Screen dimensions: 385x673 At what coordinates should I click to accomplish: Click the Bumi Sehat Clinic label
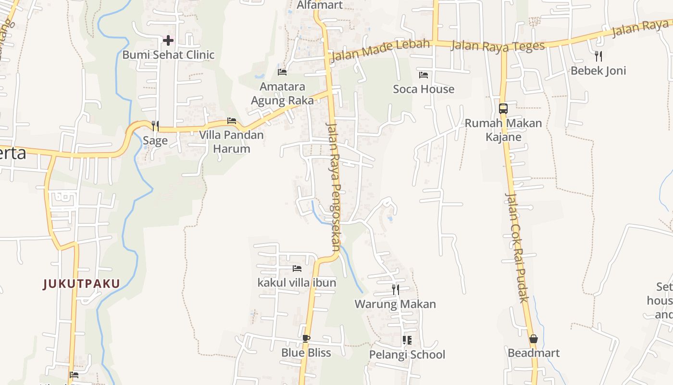168,55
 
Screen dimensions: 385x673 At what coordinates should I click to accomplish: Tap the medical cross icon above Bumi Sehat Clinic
168,40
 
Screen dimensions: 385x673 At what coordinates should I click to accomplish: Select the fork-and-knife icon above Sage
155,126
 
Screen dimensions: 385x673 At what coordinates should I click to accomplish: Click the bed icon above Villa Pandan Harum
232,121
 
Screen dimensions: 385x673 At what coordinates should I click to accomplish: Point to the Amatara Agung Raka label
282,93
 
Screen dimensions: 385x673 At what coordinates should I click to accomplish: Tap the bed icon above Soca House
424,75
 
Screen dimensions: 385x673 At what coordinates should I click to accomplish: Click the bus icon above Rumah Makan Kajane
503,109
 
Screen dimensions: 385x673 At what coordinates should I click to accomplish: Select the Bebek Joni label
598,71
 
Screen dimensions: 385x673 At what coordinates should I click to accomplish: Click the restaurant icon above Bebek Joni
598,56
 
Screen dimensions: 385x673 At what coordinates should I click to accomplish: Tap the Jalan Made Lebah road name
380,51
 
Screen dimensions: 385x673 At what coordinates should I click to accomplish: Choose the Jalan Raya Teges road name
498,46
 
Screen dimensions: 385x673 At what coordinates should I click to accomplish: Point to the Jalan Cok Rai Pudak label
517,247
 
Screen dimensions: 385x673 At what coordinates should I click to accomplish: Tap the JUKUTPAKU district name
81,284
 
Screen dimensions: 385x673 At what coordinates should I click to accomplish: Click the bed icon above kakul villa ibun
297,269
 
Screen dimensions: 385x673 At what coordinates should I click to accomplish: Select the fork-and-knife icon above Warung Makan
395,290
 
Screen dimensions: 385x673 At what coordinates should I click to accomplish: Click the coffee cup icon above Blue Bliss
306,338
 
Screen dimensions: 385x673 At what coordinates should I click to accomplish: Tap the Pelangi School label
407,355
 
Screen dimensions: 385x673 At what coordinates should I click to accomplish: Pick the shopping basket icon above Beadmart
533,339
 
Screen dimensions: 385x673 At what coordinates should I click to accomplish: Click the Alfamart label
320,5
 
